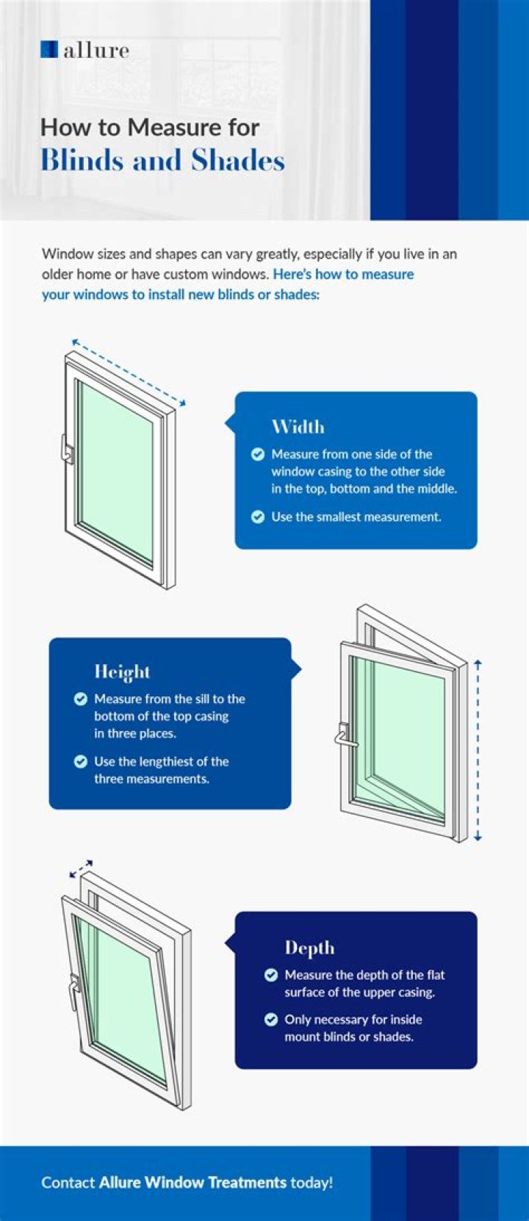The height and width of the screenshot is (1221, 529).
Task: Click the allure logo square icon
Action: [x=49, y=49]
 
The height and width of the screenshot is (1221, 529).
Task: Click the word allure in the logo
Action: [x=96, y=50]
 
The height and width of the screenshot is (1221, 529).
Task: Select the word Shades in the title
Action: [x=238, y=160]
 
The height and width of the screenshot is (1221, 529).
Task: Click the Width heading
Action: [x=298, y=426]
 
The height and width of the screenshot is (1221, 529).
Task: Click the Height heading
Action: [x=122, y=671]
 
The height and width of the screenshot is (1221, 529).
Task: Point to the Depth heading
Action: [x=309, y=948]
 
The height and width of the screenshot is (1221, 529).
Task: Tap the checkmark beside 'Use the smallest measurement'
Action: [x=258, y=516]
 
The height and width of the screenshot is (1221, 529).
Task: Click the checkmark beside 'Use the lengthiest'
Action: [x=81, y=762]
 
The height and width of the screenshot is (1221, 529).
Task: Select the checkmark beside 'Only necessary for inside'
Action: [x=271, y=1019]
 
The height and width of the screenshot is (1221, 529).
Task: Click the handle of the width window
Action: [x=67, y=450]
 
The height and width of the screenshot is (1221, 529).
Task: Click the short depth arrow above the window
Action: [x=82, y=869]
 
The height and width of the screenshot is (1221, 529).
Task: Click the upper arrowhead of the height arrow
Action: [x=478, y=663]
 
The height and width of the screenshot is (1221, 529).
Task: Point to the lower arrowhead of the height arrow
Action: [x=478, y=838]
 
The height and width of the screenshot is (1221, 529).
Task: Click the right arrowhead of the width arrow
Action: [x=183, y=403]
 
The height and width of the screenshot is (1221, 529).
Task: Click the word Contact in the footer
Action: [x=68, y=1182]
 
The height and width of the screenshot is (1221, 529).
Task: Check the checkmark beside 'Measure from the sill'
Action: [x=81, y=699]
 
